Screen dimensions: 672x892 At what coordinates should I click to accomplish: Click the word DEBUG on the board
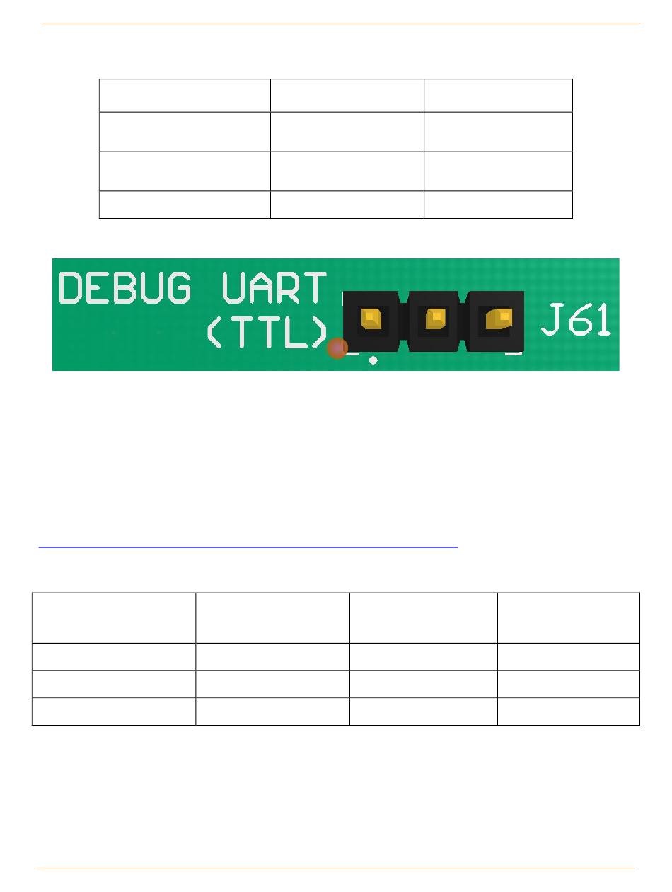(x=125, y=288)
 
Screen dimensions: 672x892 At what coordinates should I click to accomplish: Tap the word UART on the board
(x=274, y=288)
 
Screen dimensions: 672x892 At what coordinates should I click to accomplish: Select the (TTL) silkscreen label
(x=268, y=332)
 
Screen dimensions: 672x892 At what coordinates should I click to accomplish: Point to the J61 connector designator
(x=575, y=319)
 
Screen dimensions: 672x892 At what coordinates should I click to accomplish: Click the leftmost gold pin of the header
(x=371, y=319)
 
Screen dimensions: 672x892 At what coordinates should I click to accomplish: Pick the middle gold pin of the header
(x=436, y=319)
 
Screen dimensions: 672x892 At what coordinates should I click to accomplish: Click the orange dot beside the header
(x=337, y=348)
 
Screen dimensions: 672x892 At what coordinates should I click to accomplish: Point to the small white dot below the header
(x=373, y=360)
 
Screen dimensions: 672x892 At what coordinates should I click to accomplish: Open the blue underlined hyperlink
(x=248, y=547)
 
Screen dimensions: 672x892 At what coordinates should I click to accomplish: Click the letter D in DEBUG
(x=71, y=288)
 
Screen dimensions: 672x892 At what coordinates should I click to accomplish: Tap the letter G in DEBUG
(x=179, y=288)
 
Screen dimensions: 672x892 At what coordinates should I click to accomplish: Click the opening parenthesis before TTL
(x=214, y=332)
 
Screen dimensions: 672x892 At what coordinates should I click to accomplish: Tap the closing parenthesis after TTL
(x=320, y=332)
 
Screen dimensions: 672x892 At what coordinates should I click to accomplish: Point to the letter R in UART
(x=288, y=288)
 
